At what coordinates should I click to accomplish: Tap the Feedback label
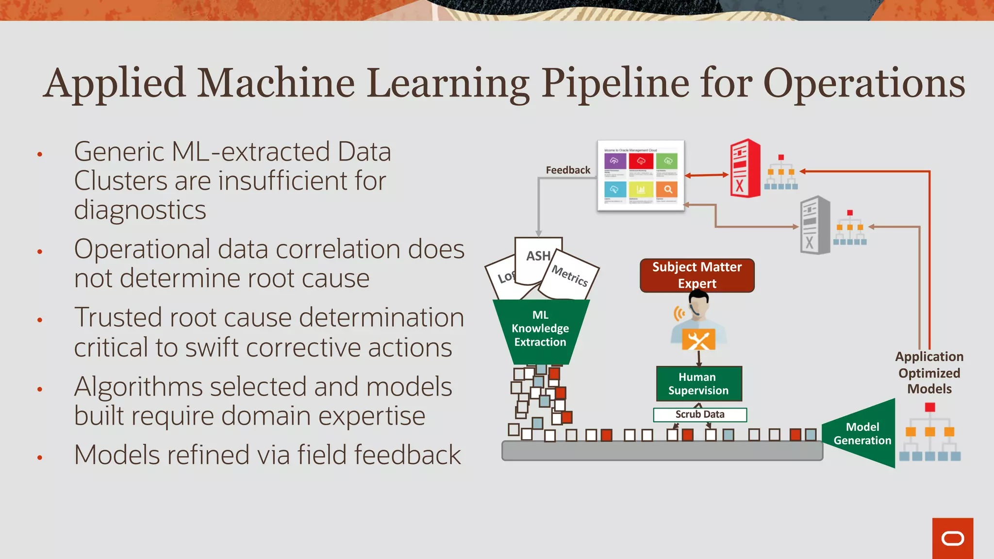tap(568, 170)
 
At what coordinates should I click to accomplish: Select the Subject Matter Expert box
tap(697, 275)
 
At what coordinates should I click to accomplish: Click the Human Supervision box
tap(698, 383)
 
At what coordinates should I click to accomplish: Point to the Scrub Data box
tap(699, 414)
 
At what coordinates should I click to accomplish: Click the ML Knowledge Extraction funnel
tap(540, 330)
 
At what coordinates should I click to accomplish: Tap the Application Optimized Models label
tap(929, 373)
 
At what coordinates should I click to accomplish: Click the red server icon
tap(745, 168)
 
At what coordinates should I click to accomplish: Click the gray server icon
tap(815, 225)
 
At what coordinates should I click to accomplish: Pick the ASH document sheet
tap(538, 256)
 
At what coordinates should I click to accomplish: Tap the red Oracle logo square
tap(952, 538)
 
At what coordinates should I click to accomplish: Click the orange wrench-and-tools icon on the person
tap(698, 340)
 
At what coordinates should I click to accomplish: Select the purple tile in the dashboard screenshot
tap(614, 161)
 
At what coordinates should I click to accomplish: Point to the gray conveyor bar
tap(662, 451)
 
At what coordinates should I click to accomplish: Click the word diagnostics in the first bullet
tap(140, 211)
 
